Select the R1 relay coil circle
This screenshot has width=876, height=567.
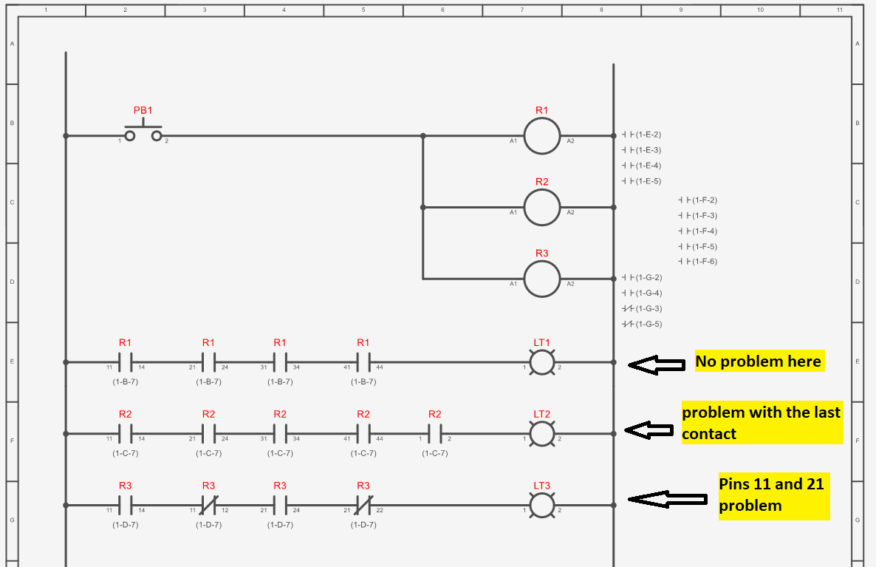[542, 136]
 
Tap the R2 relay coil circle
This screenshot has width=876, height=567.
[542, 208]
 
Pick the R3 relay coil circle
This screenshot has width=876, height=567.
[542, 279]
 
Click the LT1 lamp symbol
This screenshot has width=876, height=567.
[542, 362]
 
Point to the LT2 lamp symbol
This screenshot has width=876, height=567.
[542, 434]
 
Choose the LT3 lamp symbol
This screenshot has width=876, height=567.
[542, 505]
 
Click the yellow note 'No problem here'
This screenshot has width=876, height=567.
[758, 361]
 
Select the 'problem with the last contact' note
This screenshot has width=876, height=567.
[761, 423]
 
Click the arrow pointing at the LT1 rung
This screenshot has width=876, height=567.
[657, 364]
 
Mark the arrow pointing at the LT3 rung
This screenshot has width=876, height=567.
[666, 500]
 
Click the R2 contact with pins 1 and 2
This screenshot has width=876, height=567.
[435, 434]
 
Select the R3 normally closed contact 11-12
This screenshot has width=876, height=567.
[208, 505]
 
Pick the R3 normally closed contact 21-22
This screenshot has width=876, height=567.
[363, 505]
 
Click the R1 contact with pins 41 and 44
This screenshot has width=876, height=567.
[363, 362]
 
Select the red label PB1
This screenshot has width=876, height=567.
[143, 110]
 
